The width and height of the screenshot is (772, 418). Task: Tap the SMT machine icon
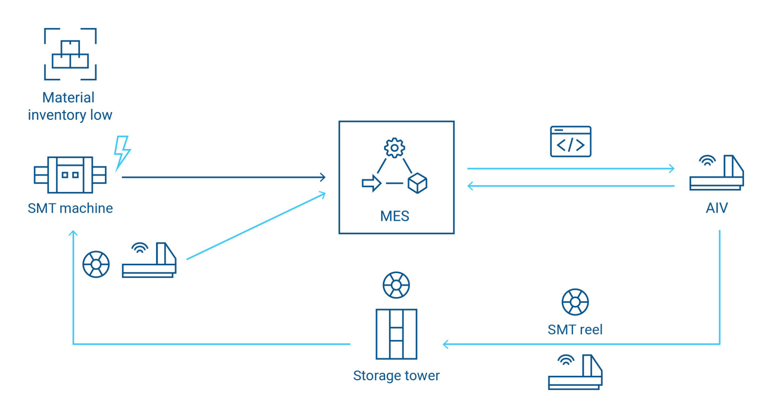(70, 175)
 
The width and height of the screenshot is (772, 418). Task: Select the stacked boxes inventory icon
(70, 54)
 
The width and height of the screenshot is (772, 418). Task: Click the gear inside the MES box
(394, 148)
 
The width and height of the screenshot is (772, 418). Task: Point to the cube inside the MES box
(417, 183)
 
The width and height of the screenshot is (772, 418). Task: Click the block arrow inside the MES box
(371, 183)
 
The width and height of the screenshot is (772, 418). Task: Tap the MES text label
(394, 216)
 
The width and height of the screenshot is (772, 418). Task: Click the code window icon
(570, 141)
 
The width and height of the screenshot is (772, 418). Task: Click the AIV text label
(716, 208)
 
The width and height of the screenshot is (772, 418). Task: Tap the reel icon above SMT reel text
(575, 302)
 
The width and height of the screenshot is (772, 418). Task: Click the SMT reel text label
(575, 330)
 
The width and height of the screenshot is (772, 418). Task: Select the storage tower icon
(396, 334)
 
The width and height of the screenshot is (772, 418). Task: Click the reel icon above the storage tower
(396, 285)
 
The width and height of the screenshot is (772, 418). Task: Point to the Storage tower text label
(396, 376)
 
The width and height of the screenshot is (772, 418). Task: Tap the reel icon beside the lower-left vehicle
(96, 264)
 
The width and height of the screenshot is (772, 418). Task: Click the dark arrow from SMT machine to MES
(222, 177)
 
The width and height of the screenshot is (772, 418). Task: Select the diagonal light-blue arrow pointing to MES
(256, 226)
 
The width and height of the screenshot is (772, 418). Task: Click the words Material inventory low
(70, 106)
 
